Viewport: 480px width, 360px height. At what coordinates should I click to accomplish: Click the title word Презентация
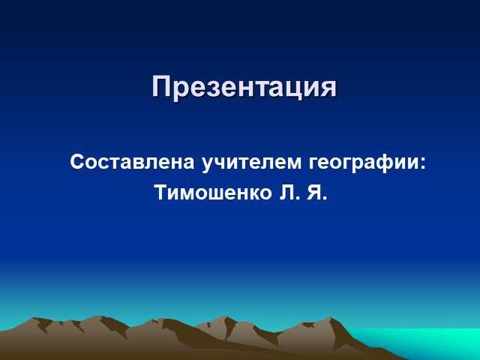point(244,87)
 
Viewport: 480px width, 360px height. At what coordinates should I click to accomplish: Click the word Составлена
point(132,162)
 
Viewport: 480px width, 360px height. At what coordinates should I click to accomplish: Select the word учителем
point(252,163)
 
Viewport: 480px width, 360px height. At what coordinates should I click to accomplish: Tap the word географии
point(362,163)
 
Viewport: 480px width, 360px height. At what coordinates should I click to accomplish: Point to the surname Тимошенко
point(214,193)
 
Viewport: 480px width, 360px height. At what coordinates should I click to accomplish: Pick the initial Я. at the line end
point(317,193)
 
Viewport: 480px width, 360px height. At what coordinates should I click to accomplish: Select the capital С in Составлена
point(76,162)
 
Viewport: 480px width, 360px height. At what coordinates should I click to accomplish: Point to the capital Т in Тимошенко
point(162,193)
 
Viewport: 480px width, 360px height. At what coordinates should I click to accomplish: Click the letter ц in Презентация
point(293,90)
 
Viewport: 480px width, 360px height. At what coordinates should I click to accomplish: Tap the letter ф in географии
point(383,164)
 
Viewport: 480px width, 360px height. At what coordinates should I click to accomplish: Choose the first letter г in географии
point(313,164)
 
